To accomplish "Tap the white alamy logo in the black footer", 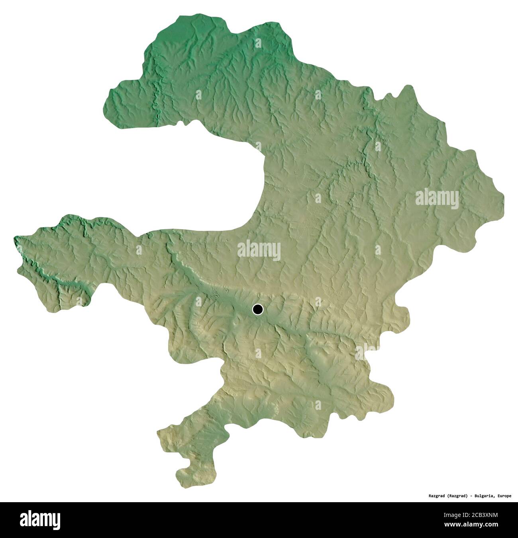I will click(x=40, y=520).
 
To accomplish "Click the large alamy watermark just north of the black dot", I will click(x=259, y=251).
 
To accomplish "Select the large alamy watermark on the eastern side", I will click(x=437, y=198).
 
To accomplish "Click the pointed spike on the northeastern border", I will click(x=408, y=86).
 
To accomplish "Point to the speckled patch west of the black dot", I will click(x=216, y=294).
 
